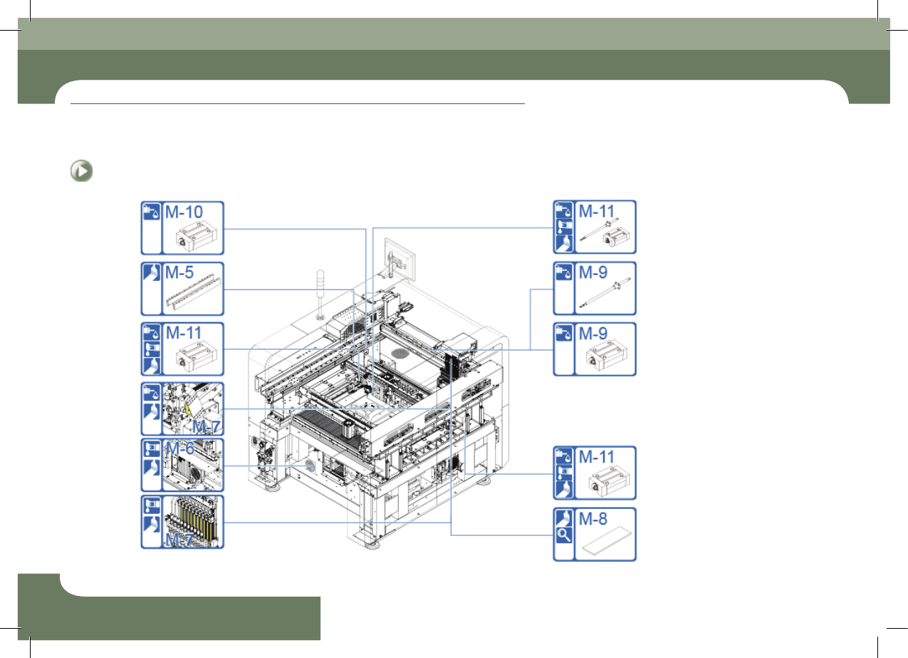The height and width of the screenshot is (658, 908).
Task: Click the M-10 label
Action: [x=184, y=212]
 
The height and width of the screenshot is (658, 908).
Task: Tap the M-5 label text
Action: [x=179, y=272]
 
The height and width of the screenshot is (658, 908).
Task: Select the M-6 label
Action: [x=180, y=448]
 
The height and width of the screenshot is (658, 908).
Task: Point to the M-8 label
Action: [x=593, y=518]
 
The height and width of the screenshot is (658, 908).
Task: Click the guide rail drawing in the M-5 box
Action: [x=194, y=292]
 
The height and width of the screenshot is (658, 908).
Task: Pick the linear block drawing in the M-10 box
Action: [x=196, y=239]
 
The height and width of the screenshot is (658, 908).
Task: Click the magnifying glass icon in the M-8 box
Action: [x=563, y=535]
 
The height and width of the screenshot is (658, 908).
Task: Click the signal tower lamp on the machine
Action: [x=320, y=294]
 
